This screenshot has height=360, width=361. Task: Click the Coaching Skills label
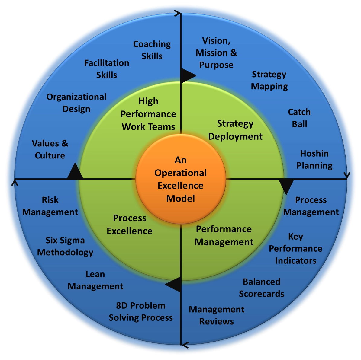point(152,50)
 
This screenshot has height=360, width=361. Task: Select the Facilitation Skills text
point(107,69)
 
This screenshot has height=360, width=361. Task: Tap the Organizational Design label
point(76,103)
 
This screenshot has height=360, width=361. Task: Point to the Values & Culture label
point(50,149)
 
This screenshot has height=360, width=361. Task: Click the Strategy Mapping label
point(269,81)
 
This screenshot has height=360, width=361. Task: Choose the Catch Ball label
point(299,118)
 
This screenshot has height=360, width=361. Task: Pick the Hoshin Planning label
point(314,160)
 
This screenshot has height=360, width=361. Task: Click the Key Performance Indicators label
point(296,249)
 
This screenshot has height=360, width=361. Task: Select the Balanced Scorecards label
point(262,288)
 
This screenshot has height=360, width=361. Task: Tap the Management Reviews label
point(217,315)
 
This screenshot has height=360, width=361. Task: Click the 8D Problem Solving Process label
point(141,311)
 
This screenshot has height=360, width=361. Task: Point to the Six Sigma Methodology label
point(65,246)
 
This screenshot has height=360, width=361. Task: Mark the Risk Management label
point(50,206)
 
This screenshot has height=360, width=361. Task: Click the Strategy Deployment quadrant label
point(235,130)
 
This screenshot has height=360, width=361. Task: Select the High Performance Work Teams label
point(149,114)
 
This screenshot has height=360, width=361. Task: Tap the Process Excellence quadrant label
point(130,225)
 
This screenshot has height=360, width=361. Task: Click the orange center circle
point(181,179)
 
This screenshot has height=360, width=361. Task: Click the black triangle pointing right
point(187,75)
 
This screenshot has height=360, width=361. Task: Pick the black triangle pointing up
point(75,171)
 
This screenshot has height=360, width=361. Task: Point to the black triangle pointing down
point(286,186)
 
